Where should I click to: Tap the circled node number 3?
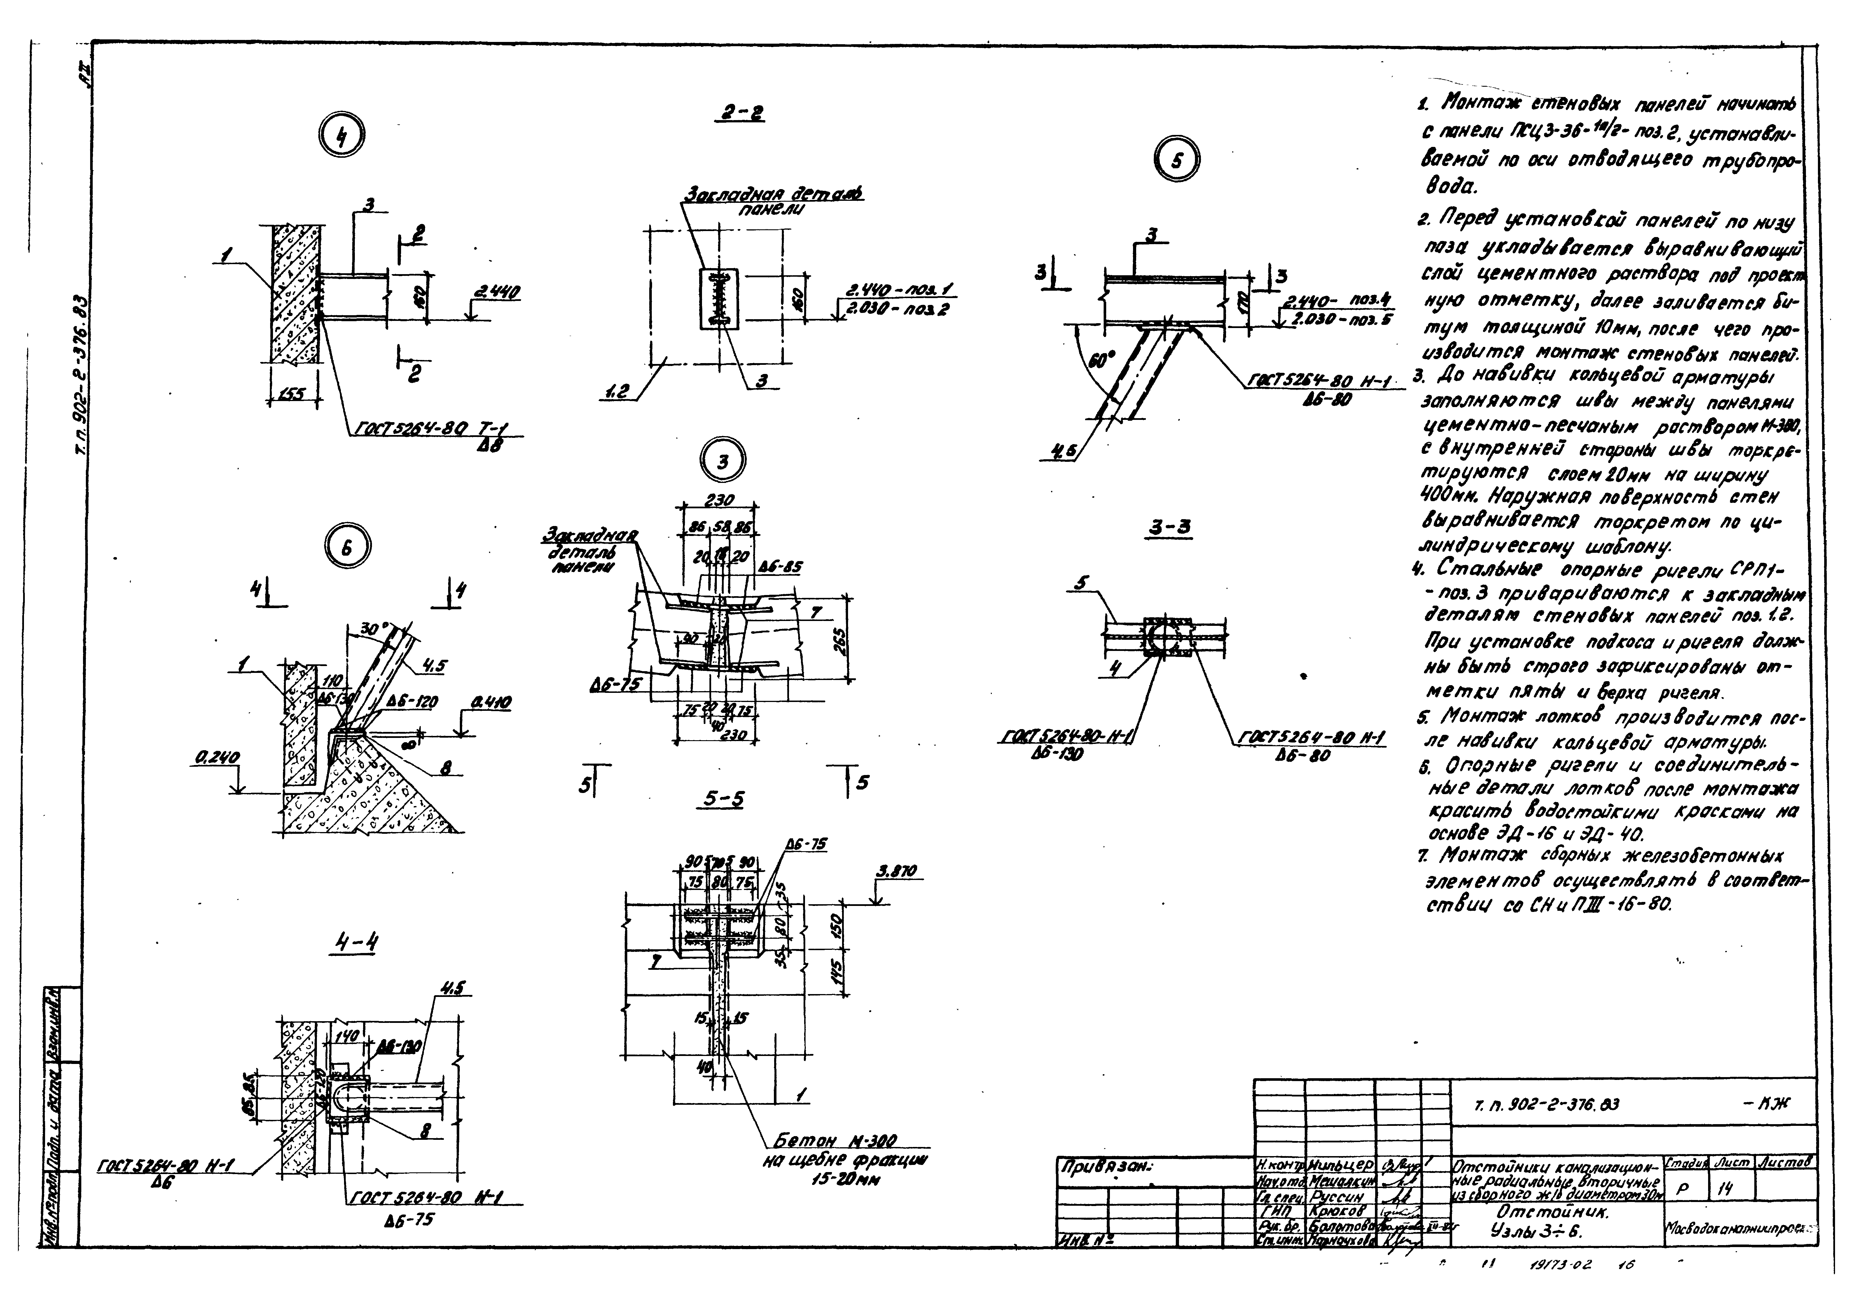[x=722, y=462]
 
